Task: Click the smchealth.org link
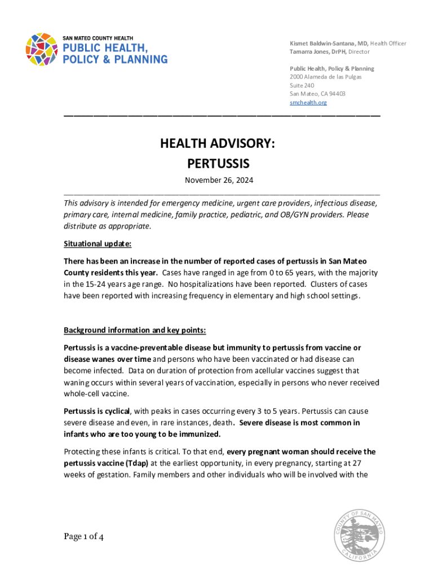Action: [x=308, y=103]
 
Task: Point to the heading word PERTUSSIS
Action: [x=218, y=164]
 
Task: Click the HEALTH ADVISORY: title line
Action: [x=218, y=144]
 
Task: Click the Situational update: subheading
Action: [x=98, y=244]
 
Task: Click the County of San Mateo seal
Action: [x=359, y=535]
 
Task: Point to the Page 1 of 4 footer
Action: [x=83, y=537]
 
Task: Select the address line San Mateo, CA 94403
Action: [x=317, y=94]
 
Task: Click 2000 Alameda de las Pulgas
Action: [x=325, y=77]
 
